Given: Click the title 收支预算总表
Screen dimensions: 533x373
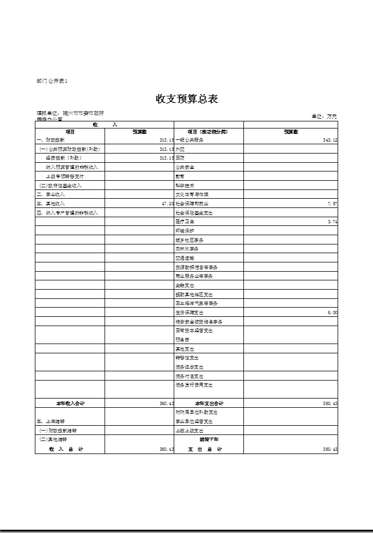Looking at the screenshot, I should (187, 99).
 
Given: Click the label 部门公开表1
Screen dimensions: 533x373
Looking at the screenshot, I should (52, 81).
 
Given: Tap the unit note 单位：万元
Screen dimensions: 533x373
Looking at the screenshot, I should (325, 117).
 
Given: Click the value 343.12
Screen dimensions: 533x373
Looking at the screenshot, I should (330, 140).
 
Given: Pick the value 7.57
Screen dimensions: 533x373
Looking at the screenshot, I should (332, 204).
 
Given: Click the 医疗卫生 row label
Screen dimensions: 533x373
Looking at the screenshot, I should (185, 222).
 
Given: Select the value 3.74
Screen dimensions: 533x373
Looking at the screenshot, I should (332, 222).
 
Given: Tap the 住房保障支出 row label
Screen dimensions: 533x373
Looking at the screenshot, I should (189, 313).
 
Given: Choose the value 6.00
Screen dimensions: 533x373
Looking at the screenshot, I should (332, 313).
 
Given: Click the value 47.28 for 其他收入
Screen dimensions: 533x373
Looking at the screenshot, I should (168, 204).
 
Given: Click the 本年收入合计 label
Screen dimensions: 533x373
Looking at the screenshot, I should (70, 403).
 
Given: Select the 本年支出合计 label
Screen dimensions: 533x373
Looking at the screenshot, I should (209, 403).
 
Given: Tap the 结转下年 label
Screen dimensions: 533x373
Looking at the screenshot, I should (209, 439).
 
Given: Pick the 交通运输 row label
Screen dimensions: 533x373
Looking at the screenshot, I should (185, 258).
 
